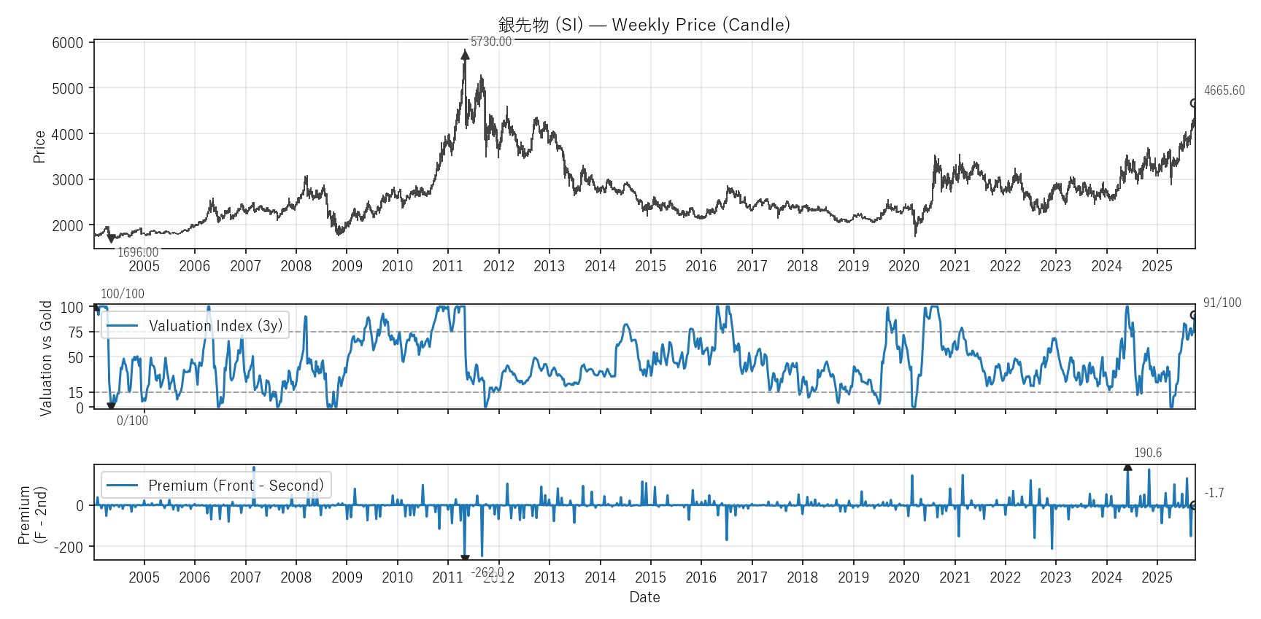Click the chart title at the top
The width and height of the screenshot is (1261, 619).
click(644, 25)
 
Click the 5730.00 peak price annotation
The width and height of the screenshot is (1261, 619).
click(490, 42)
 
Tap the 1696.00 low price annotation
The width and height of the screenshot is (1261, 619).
click(138, 252)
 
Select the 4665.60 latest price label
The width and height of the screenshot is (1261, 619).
click(1224, 90)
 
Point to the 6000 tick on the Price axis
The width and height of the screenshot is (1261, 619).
click(68, 43)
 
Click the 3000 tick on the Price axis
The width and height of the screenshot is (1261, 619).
click(68, 180)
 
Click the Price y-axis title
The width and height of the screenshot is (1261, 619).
click(39, 147)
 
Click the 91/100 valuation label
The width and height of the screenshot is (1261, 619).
click(1222, 303)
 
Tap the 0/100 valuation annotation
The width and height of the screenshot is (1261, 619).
click(132, 421)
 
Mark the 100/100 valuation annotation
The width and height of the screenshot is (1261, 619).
click(123, 294)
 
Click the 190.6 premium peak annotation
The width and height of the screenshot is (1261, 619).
click(1147, 453)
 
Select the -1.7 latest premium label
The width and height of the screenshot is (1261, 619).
click(1214, 493)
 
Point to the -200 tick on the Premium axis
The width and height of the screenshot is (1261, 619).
click(69, 548)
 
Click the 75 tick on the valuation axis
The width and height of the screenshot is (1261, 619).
click(76, 332)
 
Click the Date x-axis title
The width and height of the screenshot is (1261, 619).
click(644, 597)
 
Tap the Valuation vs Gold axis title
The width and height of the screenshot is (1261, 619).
click(46, 358)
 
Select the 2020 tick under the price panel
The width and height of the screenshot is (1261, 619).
click(903, 266)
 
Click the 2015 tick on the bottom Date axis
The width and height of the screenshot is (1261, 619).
click(650, 577)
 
